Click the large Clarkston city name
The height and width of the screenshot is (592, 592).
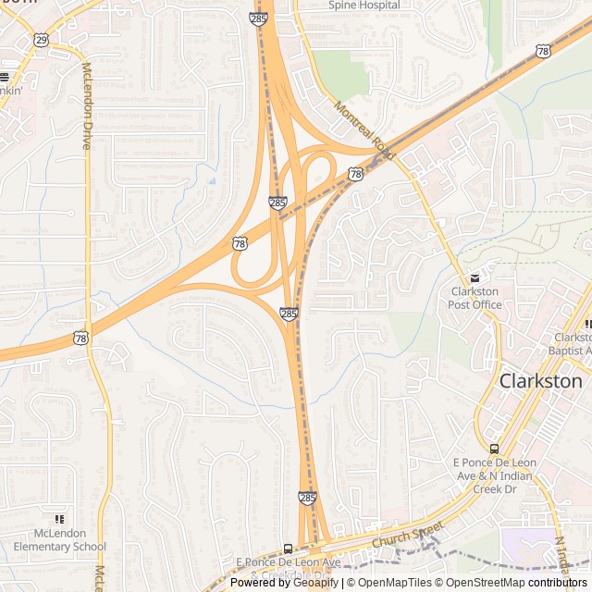point(541,380)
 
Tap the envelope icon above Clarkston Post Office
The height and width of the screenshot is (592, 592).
point(475,277)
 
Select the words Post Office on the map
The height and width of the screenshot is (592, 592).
point(474,304)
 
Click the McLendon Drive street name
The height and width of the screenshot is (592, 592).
point(88,105)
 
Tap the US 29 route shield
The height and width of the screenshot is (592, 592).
point(41,40)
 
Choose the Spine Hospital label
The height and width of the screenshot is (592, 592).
point(364,5)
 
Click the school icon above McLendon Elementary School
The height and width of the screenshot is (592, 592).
point(60,519)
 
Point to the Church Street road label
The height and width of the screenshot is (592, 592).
point(408,535)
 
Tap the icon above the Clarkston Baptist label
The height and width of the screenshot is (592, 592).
point(588,324)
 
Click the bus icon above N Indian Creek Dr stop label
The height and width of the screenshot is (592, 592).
point(494,449)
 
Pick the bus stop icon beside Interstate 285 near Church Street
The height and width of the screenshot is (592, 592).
point(289,549)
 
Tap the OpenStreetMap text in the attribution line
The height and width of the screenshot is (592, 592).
point(486,583)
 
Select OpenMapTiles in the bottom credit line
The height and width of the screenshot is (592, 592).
point(393,583)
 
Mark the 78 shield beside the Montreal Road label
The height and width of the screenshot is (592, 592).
point(355,174)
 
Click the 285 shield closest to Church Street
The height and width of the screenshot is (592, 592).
point(308,498)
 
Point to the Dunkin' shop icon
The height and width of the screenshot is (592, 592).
point(4,78)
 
